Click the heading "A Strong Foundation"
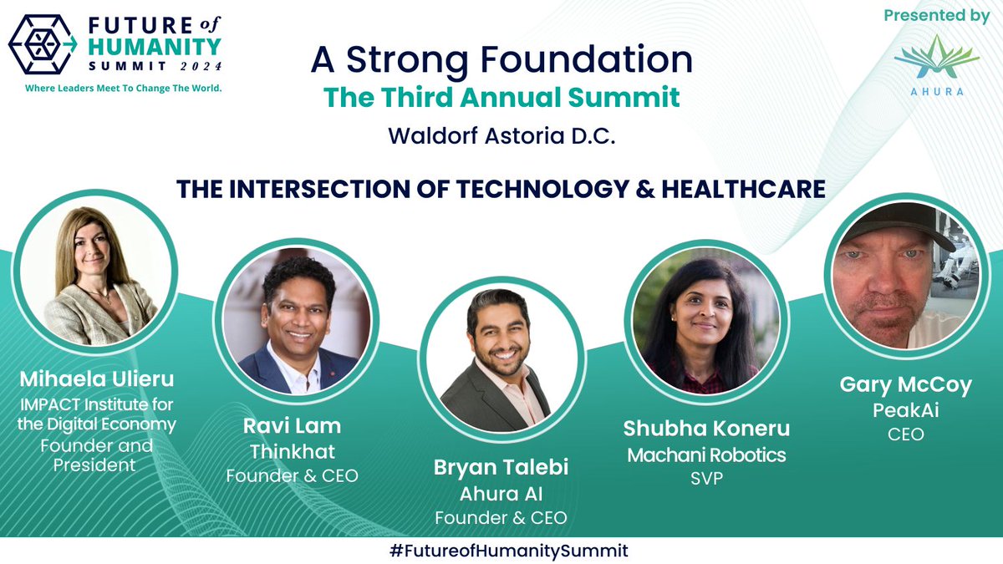pyautogui.click(x=501, y=60)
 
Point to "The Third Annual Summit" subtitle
pyautogui.click(x=501, y=97)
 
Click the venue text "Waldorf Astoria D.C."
pyautogui.click(x=501, y=136)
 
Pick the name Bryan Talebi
pyautogui.click(x=501, y=467)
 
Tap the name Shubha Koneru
pyautogui.click(x=706, y=429)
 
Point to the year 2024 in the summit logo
pyautogui.click(x=196, y=65)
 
